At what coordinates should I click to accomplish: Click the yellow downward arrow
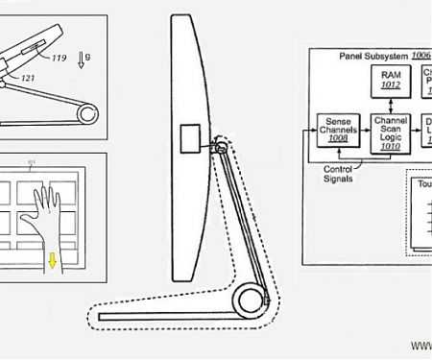tap(52, 260)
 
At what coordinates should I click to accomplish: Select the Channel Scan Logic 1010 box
tap(390, 132)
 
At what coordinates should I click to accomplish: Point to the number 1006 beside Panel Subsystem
tap(420, 57)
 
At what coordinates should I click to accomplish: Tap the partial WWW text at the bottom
tap(421, 344)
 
